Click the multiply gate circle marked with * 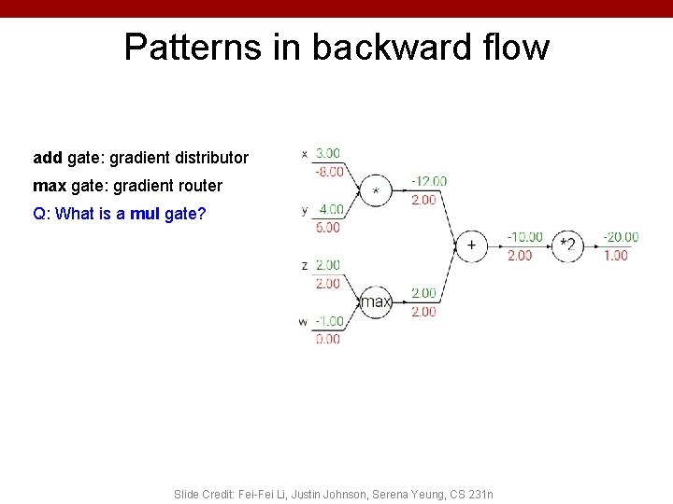click(376, 190)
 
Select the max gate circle click(376, 301)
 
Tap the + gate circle click(471, 245)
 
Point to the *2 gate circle click(567, 245)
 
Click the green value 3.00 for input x click(327, 153)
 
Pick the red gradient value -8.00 click(327, 172)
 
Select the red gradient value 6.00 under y click(329, 227)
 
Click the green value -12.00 click(429, 181)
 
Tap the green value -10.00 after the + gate click(525, 237)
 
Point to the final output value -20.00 click(621, 237)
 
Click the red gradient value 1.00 click(616, 255)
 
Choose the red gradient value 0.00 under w click(328, 339)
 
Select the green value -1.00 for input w click(328, 321)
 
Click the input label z click(305, 266)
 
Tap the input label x click(305, 154)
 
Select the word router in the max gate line click(197, 186)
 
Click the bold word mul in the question click(145, 214)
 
